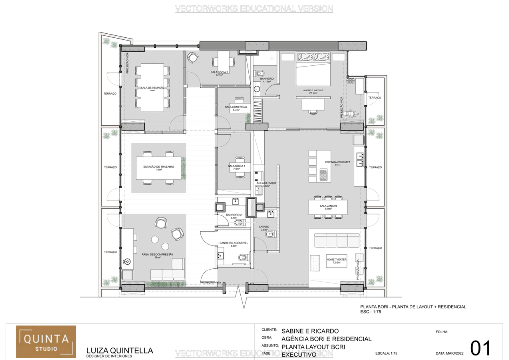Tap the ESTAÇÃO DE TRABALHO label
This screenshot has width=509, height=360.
coord(159,167)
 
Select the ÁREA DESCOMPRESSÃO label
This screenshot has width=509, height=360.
coord(157,254)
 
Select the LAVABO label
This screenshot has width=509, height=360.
coord(264,227)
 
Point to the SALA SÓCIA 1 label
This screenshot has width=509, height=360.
coord(233,167)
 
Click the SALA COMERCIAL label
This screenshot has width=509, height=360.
coord(236,107)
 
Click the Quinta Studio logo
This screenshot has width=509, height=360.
coord(46,342)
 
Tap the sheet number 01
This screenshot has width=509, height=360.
coord(480,347)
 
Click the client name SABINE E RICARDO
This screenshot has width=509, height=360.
coord(310,331)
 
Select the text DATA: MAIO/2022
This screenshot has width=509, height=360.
coord(451,354)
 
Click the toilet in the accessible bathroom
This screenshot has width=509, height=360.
coord(242,258)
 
